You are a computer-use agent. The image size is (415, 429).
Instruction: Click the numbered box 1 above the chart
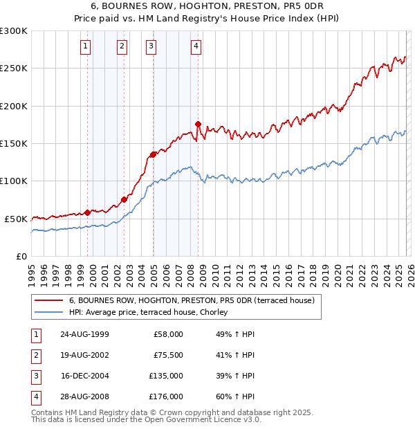tap(85, 46)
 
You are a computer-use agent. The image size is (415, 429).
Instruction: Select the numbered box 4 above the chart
tap(196, 46)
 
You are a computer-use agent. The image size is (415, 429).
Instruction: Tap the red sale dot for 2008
tap(199, 125)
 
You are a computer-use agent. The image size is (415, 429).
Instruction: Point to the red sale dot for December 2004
tap(153, 154)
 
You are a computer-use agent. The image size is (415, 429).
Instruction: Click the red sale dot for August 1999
tap(88, 212)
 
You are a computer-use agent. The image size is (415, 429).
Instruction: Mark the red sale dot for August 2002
tap(124, 199)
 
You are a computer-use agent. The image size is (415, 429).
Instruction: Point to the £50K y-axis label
tap(16, 219)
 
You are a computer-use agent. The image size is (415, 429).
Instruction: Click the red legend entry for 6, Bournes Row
tap(192, 300)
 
